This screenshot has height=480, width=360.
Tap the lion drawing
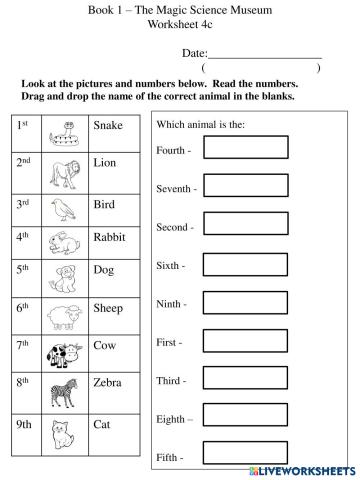point(66,168)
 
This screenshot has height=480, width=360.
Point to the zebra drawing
point(66,390)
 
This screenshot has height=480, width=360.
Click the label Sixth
point(172,266)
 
